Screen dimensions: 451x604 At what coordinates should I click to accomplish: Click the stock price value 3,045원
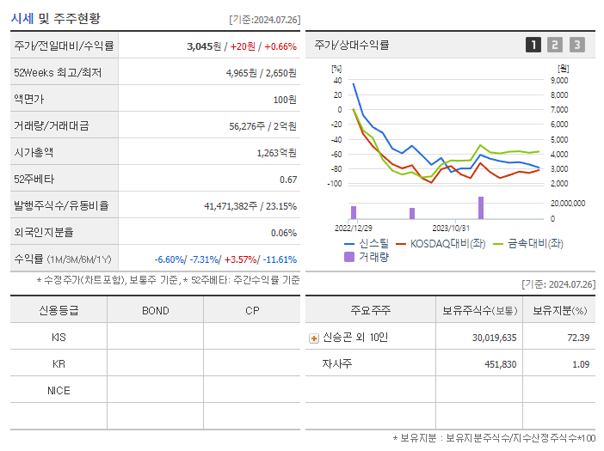205,46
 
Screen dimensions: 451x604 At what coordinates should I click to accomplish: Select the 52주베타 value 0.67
288,180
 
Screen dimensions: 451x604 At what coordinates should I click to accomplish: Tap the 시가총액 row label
34,153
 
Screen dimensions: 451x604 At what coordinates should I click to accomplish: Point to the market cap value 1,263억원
276,153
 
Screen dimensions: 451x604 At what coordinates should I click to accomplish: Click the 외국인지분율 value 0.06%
283,233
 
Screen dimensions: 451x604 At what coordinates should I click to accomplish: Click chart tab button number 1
533,45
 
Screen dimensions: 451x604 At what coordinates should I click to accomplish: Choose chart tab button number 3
576,45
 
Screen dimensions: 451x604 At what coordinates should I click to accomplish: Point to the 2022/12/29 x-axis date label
354,228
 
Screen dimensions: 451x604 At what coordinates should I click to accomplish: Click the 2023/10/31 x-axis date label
450,228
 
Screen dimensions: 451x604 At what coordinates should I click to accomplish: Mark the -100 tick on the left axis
335,184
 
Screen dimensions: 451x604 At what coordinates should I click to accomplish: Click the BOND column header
155,311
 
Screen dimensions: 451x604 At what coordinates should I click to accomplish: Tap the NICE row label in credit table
59,391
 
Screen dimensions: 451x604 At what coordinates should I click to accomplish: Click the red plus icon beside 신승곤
314,338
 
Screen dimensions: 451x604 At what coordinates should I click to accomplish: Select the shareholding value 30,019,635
494,338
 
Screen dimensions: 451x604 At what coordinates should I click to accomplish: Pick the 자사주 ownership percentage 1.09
580,364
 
